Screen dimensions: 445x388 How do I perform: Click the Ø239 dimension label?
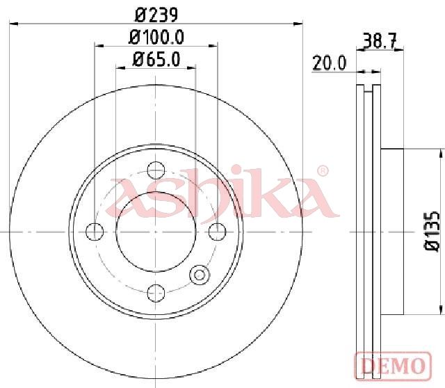coord(156,15)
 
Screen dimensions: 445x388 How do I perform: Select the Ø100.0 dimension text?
coord(156,37)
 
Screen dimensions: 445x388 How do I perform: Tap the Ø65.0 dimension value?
coord(156,59)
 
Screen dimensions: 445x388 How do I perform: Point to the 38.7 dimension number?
coord(380,41)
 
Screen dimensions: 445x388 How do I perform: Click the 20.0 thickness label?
coord(329,63)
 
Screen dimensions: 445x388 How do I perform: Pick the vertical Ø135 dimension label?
coord(432,231)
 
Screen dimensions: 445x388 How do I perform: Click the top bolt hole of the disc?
coord(156,170)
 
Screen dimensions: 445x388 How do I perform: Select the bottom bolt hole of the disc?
coord(156,293)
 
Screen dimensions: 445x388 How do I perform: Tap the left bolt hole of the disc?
coord(95,232)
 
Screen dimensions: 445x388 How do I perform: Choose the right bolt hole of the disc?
coord(218,232)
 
